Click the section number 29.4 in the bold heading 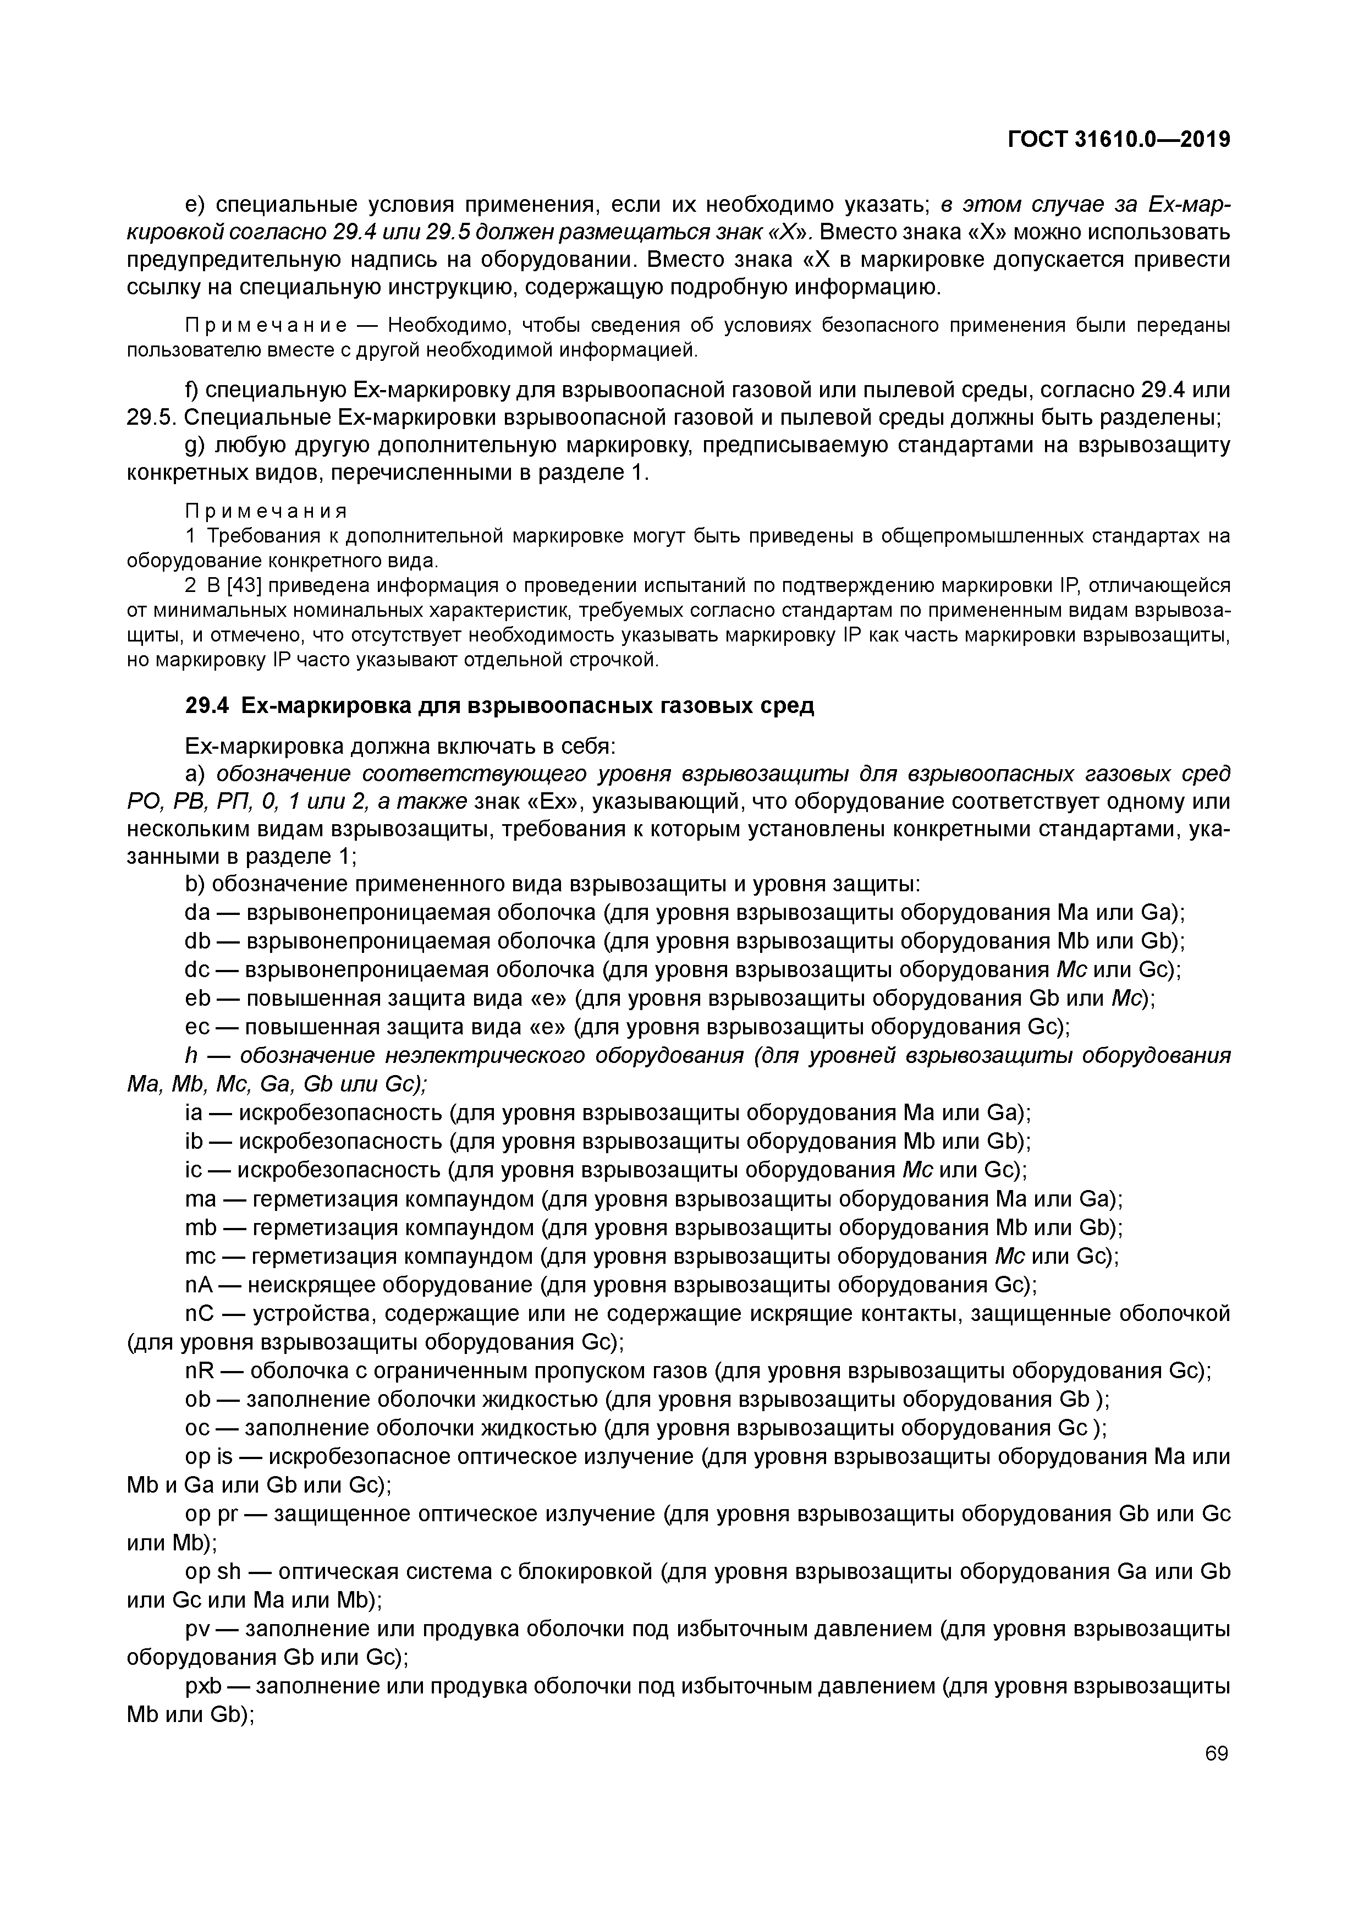pos(207,706)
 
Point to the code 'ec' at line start pos(196,1027)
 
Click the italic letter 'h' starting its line pos(190,1056)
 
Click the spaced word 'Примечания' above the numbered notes pos(266,512)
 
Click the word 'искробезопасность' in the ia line pos(341,1113)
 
